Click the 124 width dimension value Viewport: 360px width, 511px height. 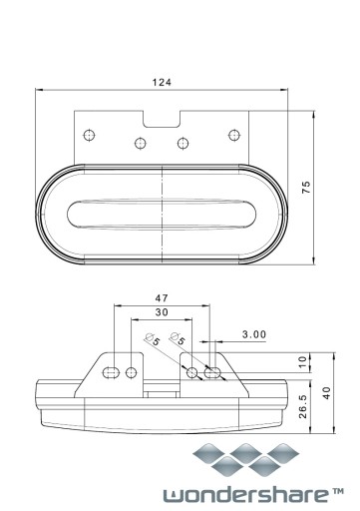pyautogui.click(x=162, y=82)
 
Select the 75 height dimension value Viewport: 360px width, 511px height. pyautogui.click(x=306, y=188)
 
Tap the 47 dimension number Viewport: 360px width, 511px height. pyautogui.click(x=162, y=298)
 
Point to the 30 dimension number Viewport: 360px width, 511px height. pyautogui.click(x=162, y=312)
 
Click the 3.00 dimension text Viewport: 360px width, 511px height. pyautogui.click(x=254, y=334)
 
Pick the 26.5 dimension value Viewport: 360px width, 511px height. pyautogui.click(x=303, y=406)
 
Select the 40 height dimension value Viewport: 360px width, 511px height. pyautogui.click(x=327, y=393)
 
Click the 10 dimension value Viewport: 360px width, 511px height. pyautogui.click(x=302, y=362)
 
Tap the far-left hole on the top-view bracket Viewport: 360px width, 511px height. pyautogui.click(x=89, y=136)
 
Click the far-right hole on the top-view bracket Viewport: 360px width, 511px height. pyautogui.click(x=234, y=135)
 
